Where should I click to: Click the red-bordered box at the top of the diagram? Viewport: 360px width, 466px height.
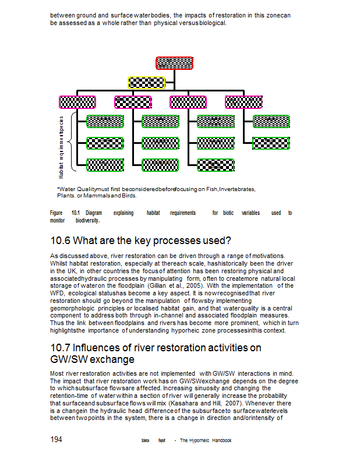174,63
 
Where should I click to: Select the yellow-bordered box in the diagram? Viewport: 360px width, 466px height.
147,82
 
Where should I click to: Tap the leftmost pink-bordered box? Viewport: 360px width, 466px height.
77,102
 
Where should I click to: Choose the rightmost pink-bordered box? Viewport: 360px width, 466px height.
243,102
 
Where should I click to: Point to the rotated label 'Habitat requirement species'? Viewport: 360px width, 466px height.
61,146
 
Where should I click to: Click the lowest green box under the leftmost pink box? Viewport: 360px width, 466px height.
105,165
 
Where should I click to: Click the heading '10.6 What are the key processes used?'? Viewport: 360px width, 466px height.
140,241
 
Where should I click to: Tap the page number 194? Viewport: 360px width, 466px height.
57,440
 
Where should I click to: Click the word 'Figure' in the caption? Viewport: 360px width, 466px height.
57,213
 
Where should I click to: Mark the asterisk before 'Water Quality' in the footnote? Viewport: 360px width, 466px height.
58,189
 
